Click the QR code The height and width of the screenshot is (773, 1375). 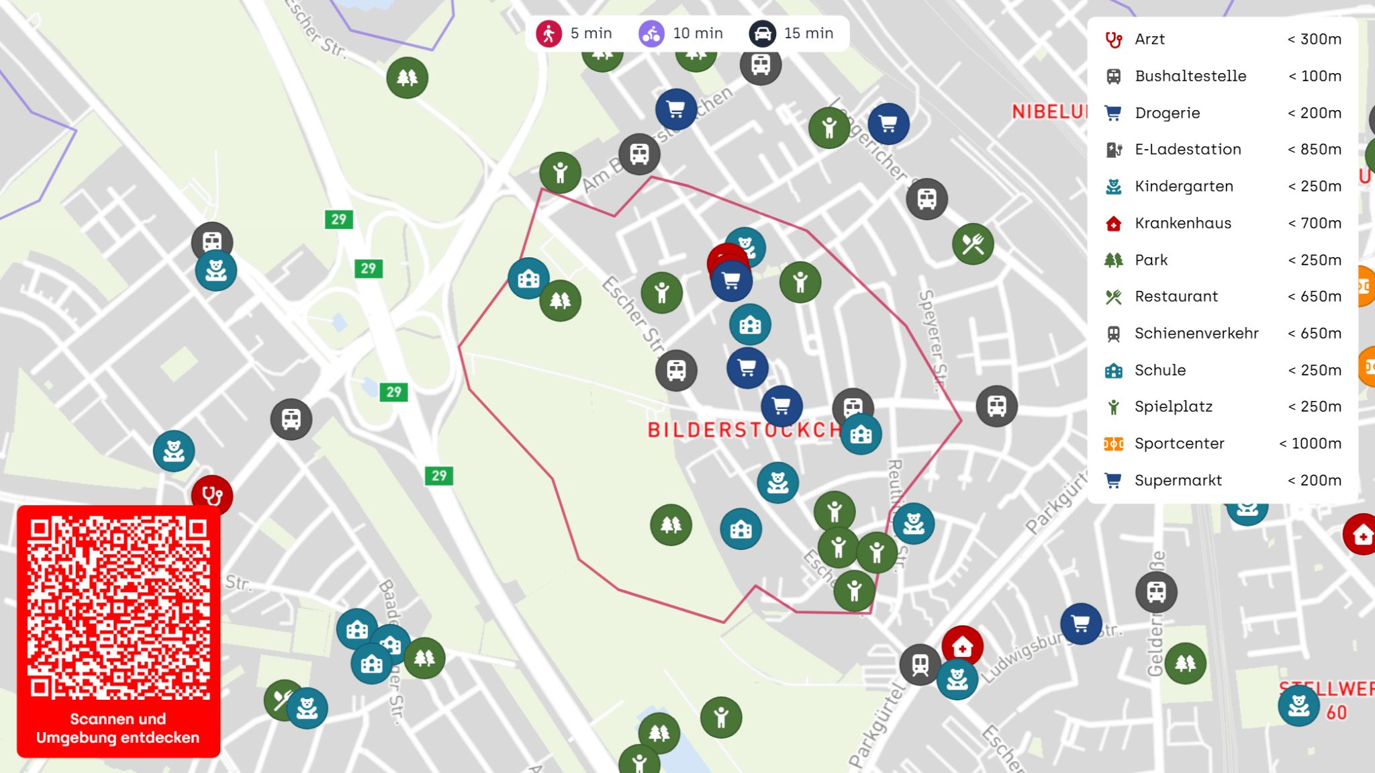click(118, 607)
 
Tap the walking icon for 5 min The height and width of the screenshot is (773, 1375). click(549, 34)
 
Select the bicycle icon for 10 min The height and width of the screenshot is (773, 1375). click(651, 34)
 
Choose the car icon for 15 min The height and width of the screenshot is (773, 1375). click(762, 34)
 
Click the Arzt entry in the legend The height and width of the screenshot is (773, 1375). click(1149, 40)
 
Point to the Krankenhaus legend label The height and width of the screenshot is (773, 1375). click(1182, 224)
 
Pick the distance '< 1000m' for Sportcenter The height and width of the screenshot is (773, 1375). click(1310, 444)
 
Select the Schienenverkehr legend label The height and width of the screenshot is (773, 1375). click(1196, 334)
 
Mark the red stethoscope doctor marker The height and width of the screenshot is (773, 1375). click(212, 496)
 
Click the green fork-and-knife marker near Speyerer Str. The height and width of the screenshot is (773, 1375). click(973, 244)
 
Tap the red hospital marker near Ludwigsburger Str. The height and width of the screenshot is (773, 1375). click(962, 647)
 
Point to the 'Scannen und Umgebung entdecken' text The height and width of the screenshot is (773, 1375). click(118, 729)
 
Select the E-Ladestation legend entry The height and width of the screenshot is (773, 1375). click(1188, 150)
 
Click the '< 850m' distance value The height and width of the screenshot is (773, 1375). click(1314, 150)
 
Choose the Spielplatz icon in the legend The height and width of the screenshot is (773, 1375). click(1114, 407)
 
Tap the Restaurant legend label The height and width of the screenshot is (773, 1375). click(1176, 297)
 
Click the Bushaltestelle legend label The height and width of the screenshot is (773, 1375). click(1190, 77)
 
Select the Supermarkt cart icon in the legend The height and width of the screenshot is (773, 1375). click(1113, 481)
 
